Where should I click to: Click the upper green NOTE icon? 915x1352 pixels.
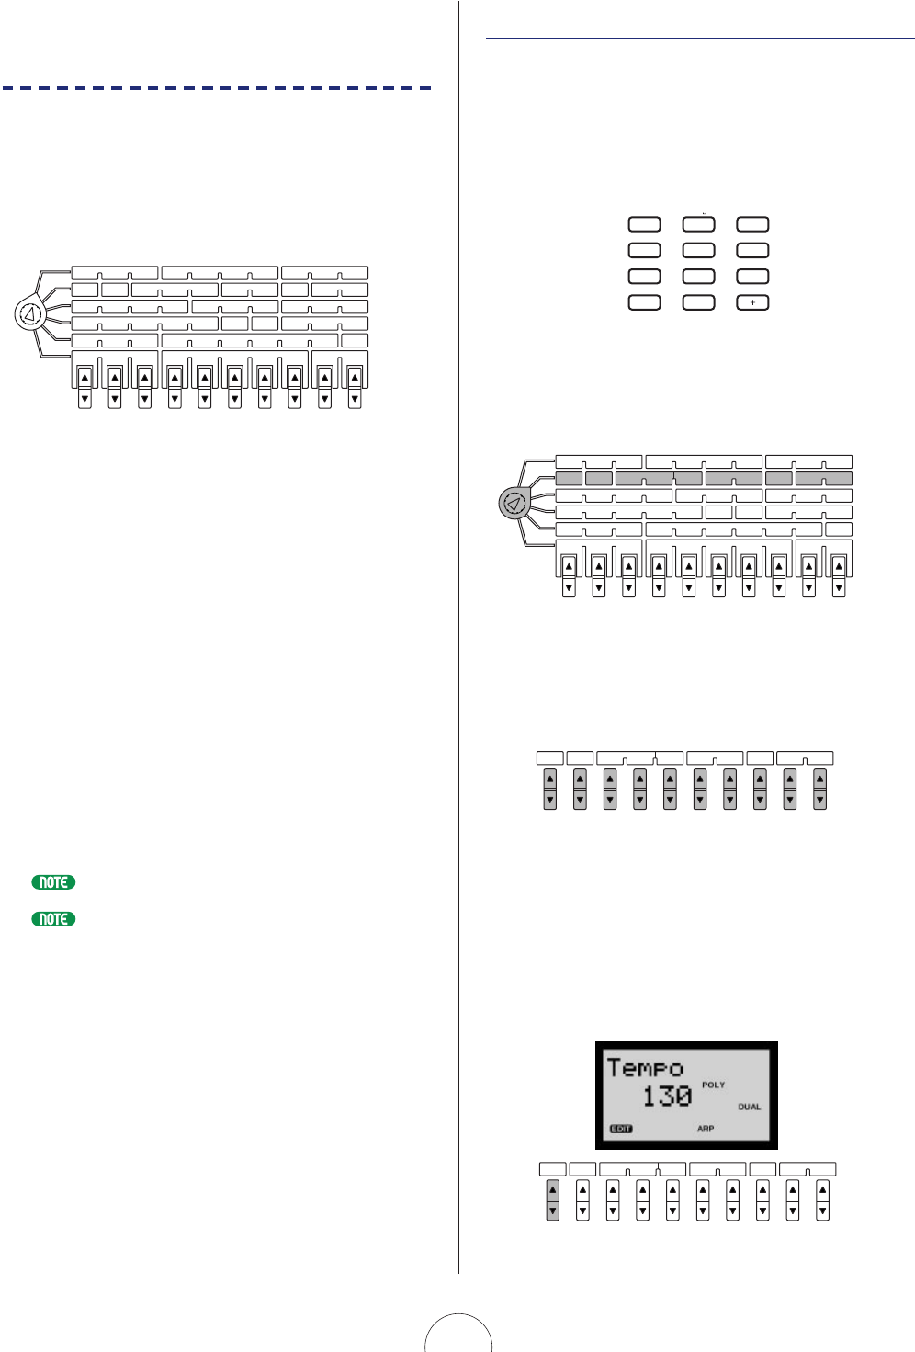tap(53, 882)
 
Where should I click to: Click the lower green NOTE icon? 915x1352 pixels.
tap(53, 919)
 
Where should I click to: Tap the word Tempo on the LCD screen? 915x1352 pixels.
tap(645, 1068)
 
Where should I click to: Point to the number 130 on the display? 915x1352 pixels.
tap(667, 1096)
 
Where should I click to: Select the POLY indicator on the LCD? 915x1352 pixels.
tap(714, 1085)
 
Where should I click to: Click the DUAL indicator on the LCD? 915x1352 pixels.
tap(750, 1108)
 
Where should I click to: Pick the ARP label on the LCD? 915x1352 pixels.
tap(706, 1129)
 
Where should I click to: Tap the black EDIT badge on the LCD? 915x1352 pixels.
tap(621, 1129)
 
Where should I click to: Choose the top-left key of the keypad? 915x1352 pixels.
tap(644, 224)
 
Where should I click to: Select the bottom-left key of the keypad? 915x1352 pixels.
tap(644, 302)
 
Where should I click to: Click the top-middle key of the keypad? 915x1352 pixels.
tap(698, 224)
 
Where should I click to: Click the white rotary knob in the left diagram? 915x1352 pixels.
tap(29, 315)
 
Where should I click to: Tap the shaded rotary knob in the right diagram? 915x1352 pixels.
tap(514, 504)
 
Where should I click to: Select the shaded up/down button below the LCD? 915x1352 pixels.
tap(552, 1200)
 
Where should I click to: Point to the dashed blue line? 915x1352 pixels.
tap(217, 88)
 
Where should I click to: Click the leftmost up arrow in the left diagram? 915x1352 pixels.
tap(85, 378)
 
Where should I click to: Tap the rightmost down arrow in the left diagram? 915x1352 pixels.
tap(355, 400)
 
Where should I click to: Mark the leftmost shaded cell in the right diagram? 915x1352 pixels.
tap(569, 479)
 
